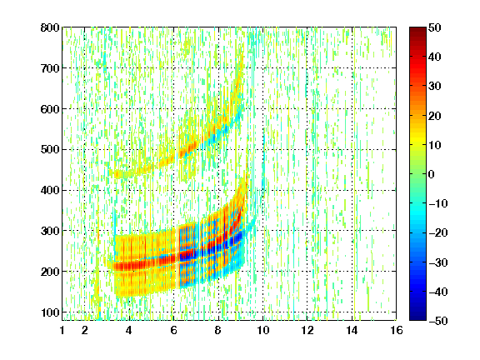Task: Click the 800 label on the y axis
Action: [x=50, y=27]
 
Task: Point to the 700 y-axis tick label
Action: [x=50, y=68]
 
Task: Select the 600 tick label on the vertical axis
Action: [x=50, y=109]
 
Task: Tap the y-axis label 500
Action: [x=50, y=150]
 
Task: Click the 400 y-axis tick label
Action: [x=50, y=191]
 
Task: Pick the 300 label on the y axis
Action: [x=50, y=231]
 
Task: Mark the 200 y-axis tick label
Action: [x=50, y=272]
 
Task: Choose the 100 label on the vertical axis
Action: [x=50, y=312]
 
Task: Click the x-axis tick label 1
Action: [x=62, y=330]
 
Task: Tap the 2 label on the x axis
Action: [x=85, y=330]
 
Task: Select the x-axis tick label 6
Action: [x=173, y=330]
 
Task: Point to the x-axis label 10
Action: [x=262, y=330]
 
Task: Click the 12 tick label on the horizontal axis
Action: [x=307, y=330]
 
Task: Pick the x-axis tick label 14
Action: [x=352, y=330]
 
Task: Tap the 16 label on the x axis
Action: [x=396, y=330]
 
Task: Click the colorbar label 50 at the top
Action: [x=434, y=27]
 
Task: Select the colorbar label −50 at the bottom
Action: [x=438, y=321]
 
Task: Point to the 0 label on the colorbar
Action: [x=432, y=174]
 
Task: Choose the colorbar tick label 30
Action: [x=434, y=87]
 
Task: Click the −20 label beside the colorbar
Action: [x=438, y=233]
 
